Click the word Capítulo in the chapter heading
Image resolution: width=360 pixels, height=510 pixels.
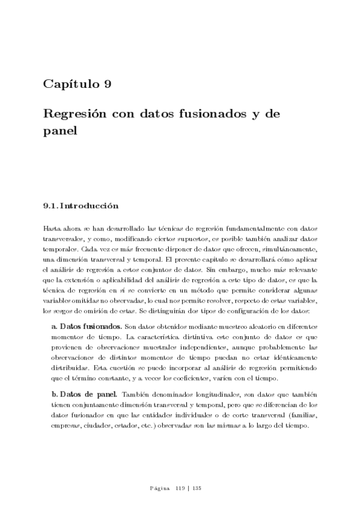pyautogui.click(x=70, y=84)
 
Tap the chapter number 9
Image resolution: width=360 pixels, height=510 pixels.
pyautogui.click(x=107, y=84)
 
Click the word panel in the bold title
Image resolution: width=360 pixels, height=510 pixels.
pyautogui.click(x=60, y=129)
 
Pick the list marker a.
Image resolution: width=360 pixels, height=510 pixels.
pyautogui.click(x=55, y=325)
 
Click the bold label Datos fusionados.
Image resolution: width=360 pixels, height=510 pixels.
pyautogui.click(x=91, y=325)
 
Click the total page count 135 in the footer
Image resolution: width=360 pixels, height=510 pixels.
pyautogui.click(x=195, y=488)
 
